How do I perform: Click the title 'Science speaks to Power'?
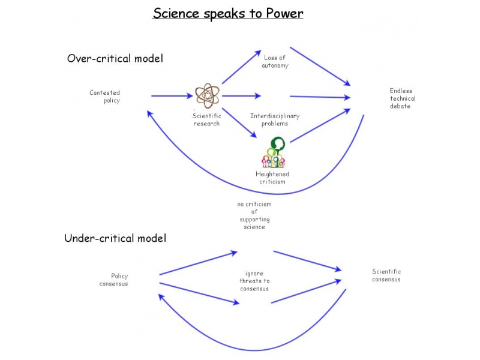[x=228, y=13]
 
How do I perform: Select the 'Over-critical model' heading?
[x=115, y=59]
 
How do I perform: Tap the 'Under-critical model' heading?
[x=115, y=238]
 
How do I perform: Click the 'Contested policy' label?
[x=105, y=97]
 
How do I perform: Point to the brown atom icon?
[x=207, y=95]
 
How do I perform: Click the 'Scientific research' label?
[x=206, y=119]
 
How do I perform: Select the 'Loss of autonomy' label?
[x=275, y=61]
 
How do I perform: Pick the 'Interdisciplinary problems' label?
[x=275, y=119]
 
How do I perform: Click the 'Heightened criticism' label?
[x=272, y=178]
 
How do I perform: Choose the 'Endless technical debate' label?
[x=402, y=98]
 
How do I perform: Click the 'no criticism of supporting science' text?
[x=254, y=215]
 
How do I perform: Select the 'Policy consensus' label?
[x=114, y=280]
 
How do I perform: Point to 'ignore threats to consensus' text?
[x=254, y=281]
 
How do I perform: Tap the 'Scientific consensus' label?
[x=386, y=275]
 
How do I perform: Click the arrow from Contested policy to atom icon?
[x=172, y=95]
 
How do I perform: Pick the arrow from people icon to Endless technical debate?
[x=320, y=126]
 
